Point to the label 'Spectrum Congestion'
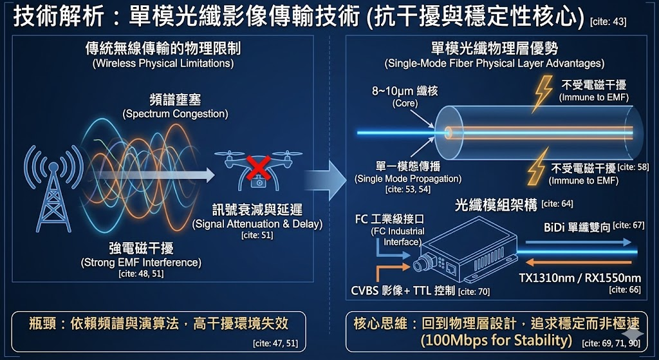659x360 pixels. pos(175,114)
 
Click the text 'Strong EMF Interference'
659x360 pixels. pos(141,262)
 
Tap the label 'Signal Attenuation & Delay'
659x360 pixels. pos(257,224)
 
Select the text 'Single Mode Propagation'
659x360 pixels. pos(408,178)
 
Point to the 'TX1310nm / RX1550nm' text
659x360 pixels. pos(580,278)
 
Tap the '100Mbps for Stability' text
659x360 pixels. pos(496,339)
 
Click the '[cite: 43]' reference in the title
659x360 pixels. pos(608,22)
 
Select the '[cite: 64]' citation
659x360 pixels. pos(557,204)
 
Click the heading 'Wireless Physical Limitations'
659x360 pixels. pos(163,63)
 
